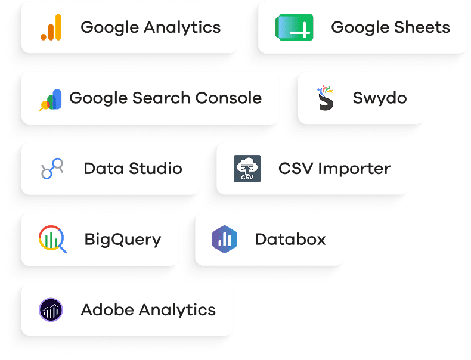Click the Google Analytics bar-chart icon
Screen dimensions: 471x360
pos(51,27)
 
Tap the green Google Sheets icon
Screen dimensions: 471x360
pos(295,27)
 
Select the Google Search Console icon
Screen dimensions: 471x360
pos(51,100)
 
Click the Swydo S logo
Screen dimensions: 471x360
pos(326,98)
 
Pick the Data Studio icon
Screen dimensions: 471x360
pos(52,169)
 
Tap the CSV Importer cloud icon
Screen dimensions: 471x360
pos(247,169)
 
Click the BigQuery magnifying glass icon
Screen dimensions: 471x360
pos(52,239)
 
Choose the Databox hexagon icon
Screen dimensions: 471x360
pos(225,239)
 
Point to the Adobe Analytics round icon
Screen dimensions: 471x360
pos(51,309)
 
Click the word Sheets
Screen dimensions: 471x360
pos(422,27)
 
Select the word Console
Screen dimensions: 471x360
pos(228,98)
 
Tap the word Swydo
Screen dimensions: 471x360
pos(380,98)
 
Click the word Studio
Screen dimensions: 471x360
pos(156,169)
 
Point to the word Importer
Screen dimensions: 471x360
pos(354,169)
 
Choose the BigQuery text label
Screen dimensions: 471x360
pos(123,240)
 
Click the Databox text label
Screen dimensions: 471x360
pos(290,239)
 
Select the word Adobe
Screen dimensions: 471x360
pos(107,309)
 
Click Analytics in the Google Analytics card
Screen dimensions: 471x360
pos(182,28)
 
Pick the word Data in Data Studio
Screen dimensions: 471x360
pos(104,169)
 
